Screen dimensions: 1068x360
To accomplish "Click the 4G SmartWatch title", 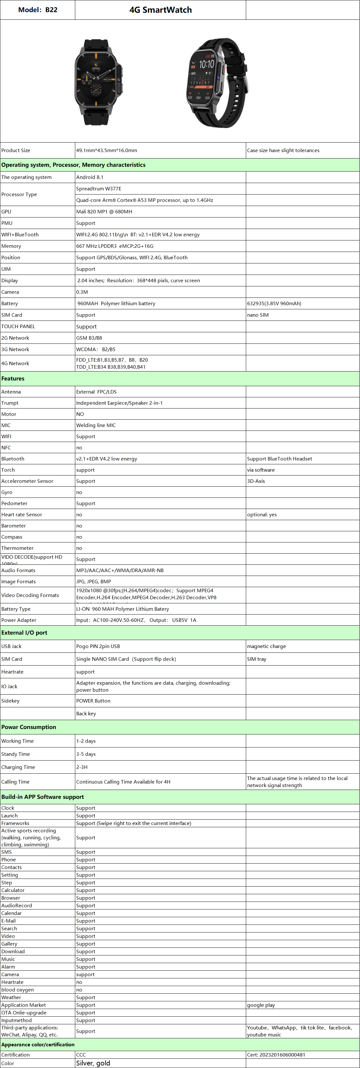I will (160, 10).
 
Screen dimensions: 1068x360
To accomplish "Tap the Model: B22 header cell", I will (38, 10).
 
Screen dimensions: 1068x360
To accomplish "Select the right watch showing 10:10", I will (216, 83).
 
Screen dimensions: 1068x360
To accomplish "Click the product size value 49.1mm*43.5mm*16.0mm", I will (107, 151).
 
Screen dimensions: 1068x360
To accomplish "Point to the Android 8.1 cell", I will (90, 177).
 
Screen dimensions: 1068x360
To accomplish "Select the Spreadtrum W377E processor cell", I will (99, 189).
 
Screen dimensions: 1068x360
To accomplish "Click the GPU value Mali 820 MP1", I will (104, 211).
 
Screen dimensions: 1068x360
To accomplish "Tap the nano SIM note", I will (258, 315).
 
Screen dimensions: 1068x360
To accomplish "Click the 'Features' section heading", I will (13, 379).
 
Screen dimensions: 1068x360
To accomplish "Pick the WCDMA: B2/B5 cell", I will (96, 350).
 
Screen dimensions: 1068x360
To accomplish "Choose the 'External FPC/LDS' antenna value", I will (96, 392).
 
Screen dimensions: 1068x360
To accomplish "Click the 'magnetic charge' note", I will (266, 646).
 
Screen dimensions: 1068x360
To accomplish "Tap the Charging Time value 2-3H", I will (82, 767).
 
